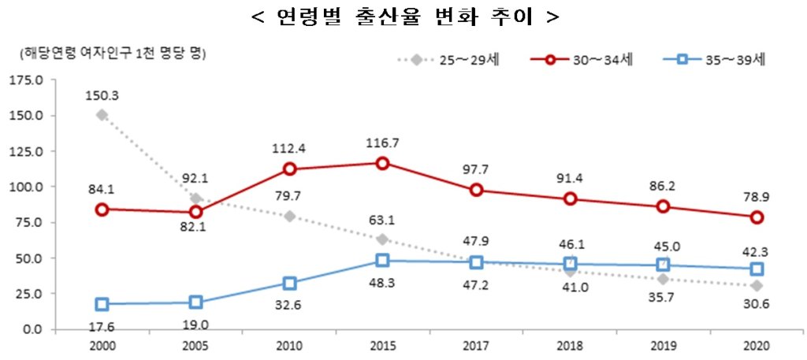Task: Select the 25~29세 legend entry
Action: [x=448, y=60]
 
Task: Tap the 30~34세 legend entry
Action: [x=582, y=60]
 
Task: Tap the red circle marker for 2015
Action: [x=382, y=164]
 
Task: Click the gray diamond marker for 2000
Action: [x=102, y=115]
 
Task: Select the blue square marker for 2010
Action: [x=289, y=284]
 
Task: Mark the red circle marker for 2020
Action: [x=757, y=217]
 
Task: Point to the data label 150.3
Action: [x=102, y=96]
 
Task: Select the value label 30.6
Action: [x=757, y=305]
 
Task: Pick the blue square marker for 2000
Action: [x=102, y=304]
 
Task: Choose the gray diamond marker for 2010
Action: [x=289, y=217]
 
